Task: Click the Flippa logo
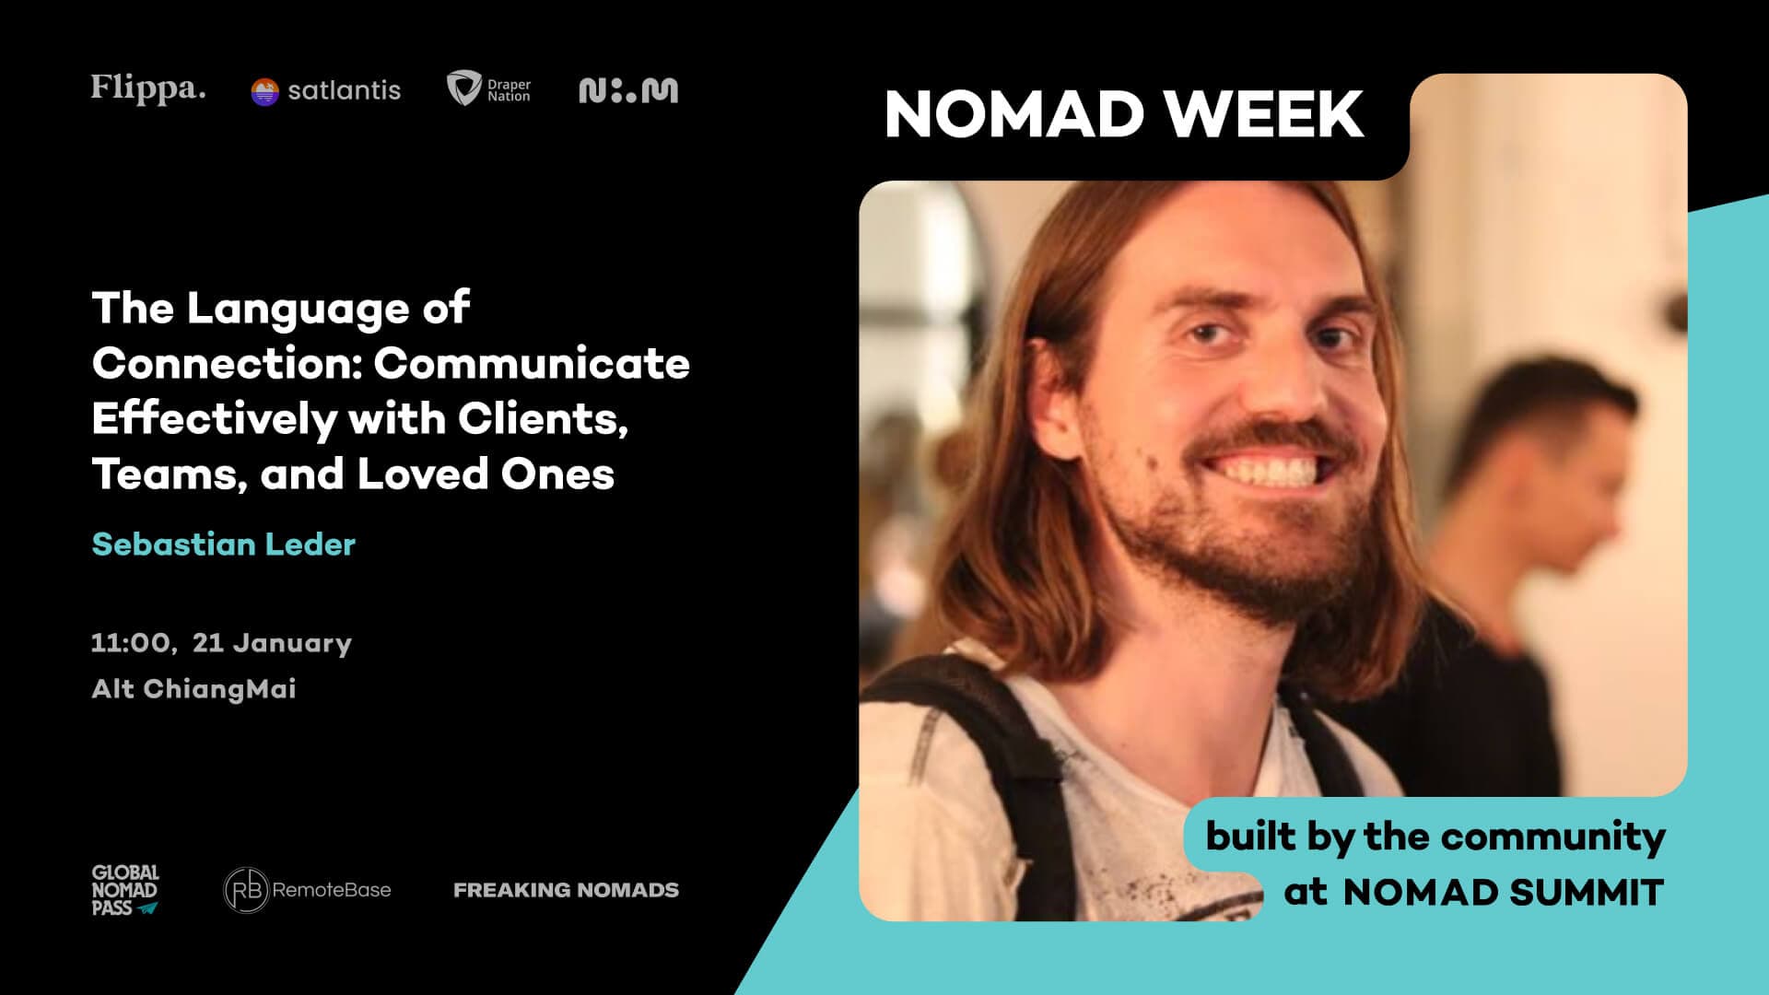click(147, 89)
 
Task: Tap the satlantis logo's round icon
click(264, 91)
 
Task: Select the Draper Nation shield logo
click(463, 88)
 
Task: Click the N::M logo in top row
click(628, 90)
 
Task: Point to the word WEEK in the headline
click(1264, 114)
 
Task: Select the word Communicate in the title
click(532, 363)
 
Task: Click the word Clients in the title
click(543, 418)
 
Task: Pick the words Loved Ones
click(486, 474)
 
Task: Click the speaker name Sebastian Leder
click(224, 544)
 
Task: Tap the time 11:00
click(132, 642)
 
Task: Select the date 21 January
click(272, 642)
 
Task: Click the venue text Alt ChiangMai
click(193, 688)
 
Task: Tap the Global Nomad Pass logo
click(125, 890)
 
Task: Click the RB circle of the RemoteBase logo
click(246, 890)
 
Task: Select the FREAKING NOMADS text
click(566, 890)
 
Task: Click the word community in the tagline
click(1552, 837)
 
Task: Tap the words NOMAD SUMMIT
click(1503, 892)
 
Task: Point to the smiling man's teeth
click(1271, 473)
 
